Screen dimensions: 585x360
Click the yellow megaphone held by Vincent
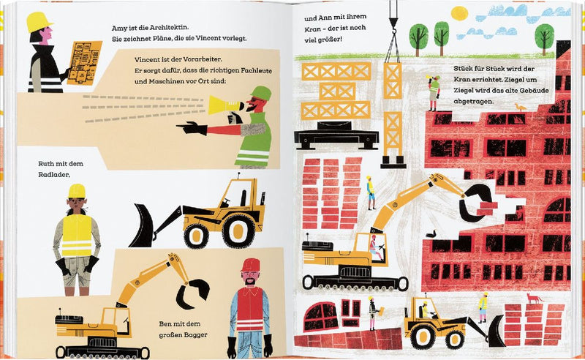(x=224, y=105)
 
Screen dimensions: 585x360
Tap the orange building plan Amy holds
(x=85, y=63)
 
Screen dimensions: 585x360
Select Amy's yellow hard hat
(x=39, y=22)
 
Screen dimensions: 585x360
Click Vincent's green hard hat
(x=261, y=94)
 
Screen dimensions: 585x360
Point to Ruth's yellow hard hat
(x=77, y=191)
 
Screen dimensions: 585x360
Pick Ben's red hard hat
(x=250, y=265)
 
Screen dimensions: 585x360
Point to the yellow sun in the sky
(x=459, y=13)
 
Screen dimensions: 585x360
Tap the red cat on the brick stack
(x=534, y=298)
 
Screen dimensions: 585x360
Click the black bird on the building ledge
(x=431, y=234)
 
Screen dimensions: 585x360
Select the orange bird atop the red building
(x=520, y=108)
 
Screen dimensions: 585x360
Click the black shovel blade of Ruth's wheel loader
(x=142, y=226)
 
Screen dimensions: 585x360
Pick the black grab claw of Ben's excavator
(x=193, y=293)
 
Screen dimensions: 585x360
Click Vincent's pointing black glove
(x=192, y=128)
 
